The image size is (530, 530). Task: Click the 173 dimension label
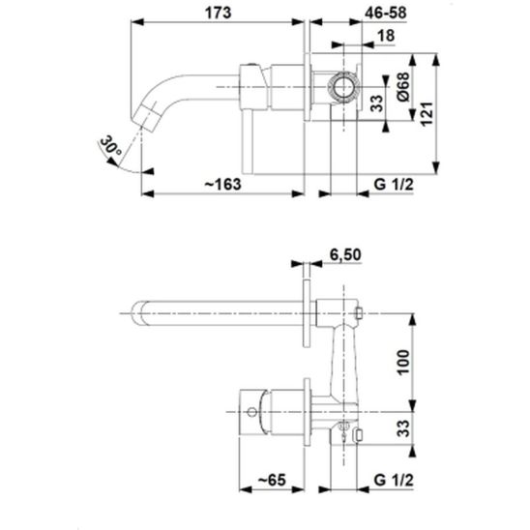pyautogui.click(x=219, y=14)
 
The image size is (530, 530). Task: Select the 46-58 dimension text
pyautogui.click(x=386, y=14)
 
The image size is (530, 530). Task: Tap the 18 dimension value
pyautogui.click(x=386, y=36)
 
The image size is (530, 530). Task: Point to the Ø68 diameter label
pyautogui.click(x=403, y=87)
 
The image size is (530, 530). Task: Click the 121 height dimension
pyautogui.click(x=427, y=114)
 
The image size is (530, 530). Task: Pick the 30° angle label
pyautogui.click(x=110, y=146)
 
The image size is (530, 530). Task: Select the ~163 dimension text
pyautogui.click(x=222, y=185)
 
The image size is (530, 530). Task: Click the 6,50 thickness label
pyautogui.click(x=345, y=255)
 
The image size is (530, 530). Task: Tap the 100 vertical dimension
pyautogui.click(x=403, y=363)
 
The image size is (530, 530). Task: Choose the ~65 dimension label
pyautogui.click(x=272, y=480)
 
